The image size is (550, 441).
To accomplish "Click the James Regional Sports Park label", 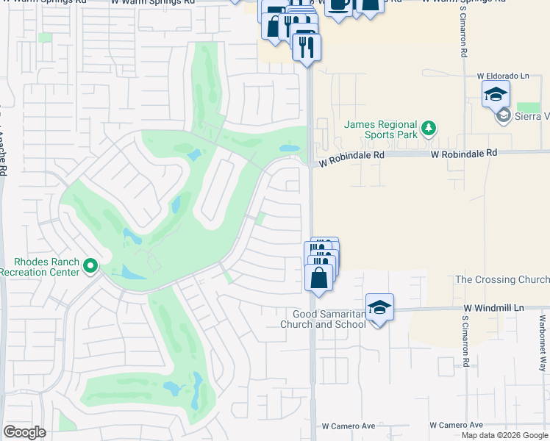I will pyautogui.click(x=380, y=130).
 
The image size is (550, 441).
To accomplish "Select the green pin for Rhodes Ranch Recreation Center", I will pyautogui.click(x=91, y=265).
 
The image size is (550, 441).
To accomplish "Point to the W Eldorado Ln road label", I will pyautogui.click(x=503, y=76).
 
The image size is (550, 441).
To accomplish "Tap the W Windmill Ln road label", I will pyautogui.click(x=493, y=307).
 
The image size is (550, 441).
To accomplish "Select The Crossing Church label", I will pyautogui.click(x=502, y=279).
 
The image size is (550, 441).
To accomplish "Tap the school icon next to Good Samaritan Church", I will pyautogui.click(x=379, y=307).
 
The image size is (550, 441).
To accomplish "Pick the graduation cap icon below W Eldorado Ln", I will pyautogui.click(x=496, y=94).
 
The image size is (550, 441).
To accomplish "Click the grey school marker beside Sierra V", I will pyautogui.click(x=504, y=115).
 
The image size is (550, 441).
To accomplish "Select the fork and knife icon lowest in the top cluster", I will pyautogui.click(x=306, y=46).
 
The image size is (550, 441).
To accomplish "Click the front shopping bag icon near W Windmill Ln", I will pyautogui.click(x=318, y=278).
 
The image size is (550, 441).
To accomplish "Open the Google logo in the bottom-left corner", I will pyautogui.click(x=24, y=432).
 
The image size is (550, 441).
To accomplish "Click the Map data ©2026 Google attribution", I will pyautogui.click(x=505, y=435).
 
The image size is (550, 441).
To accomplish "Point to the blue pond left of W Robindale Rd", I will pyautogui.click(x=289, y=148).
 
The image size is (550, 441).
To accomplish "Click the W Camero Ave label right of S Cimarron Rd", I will pyautogui.click(x=456, y=426).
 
